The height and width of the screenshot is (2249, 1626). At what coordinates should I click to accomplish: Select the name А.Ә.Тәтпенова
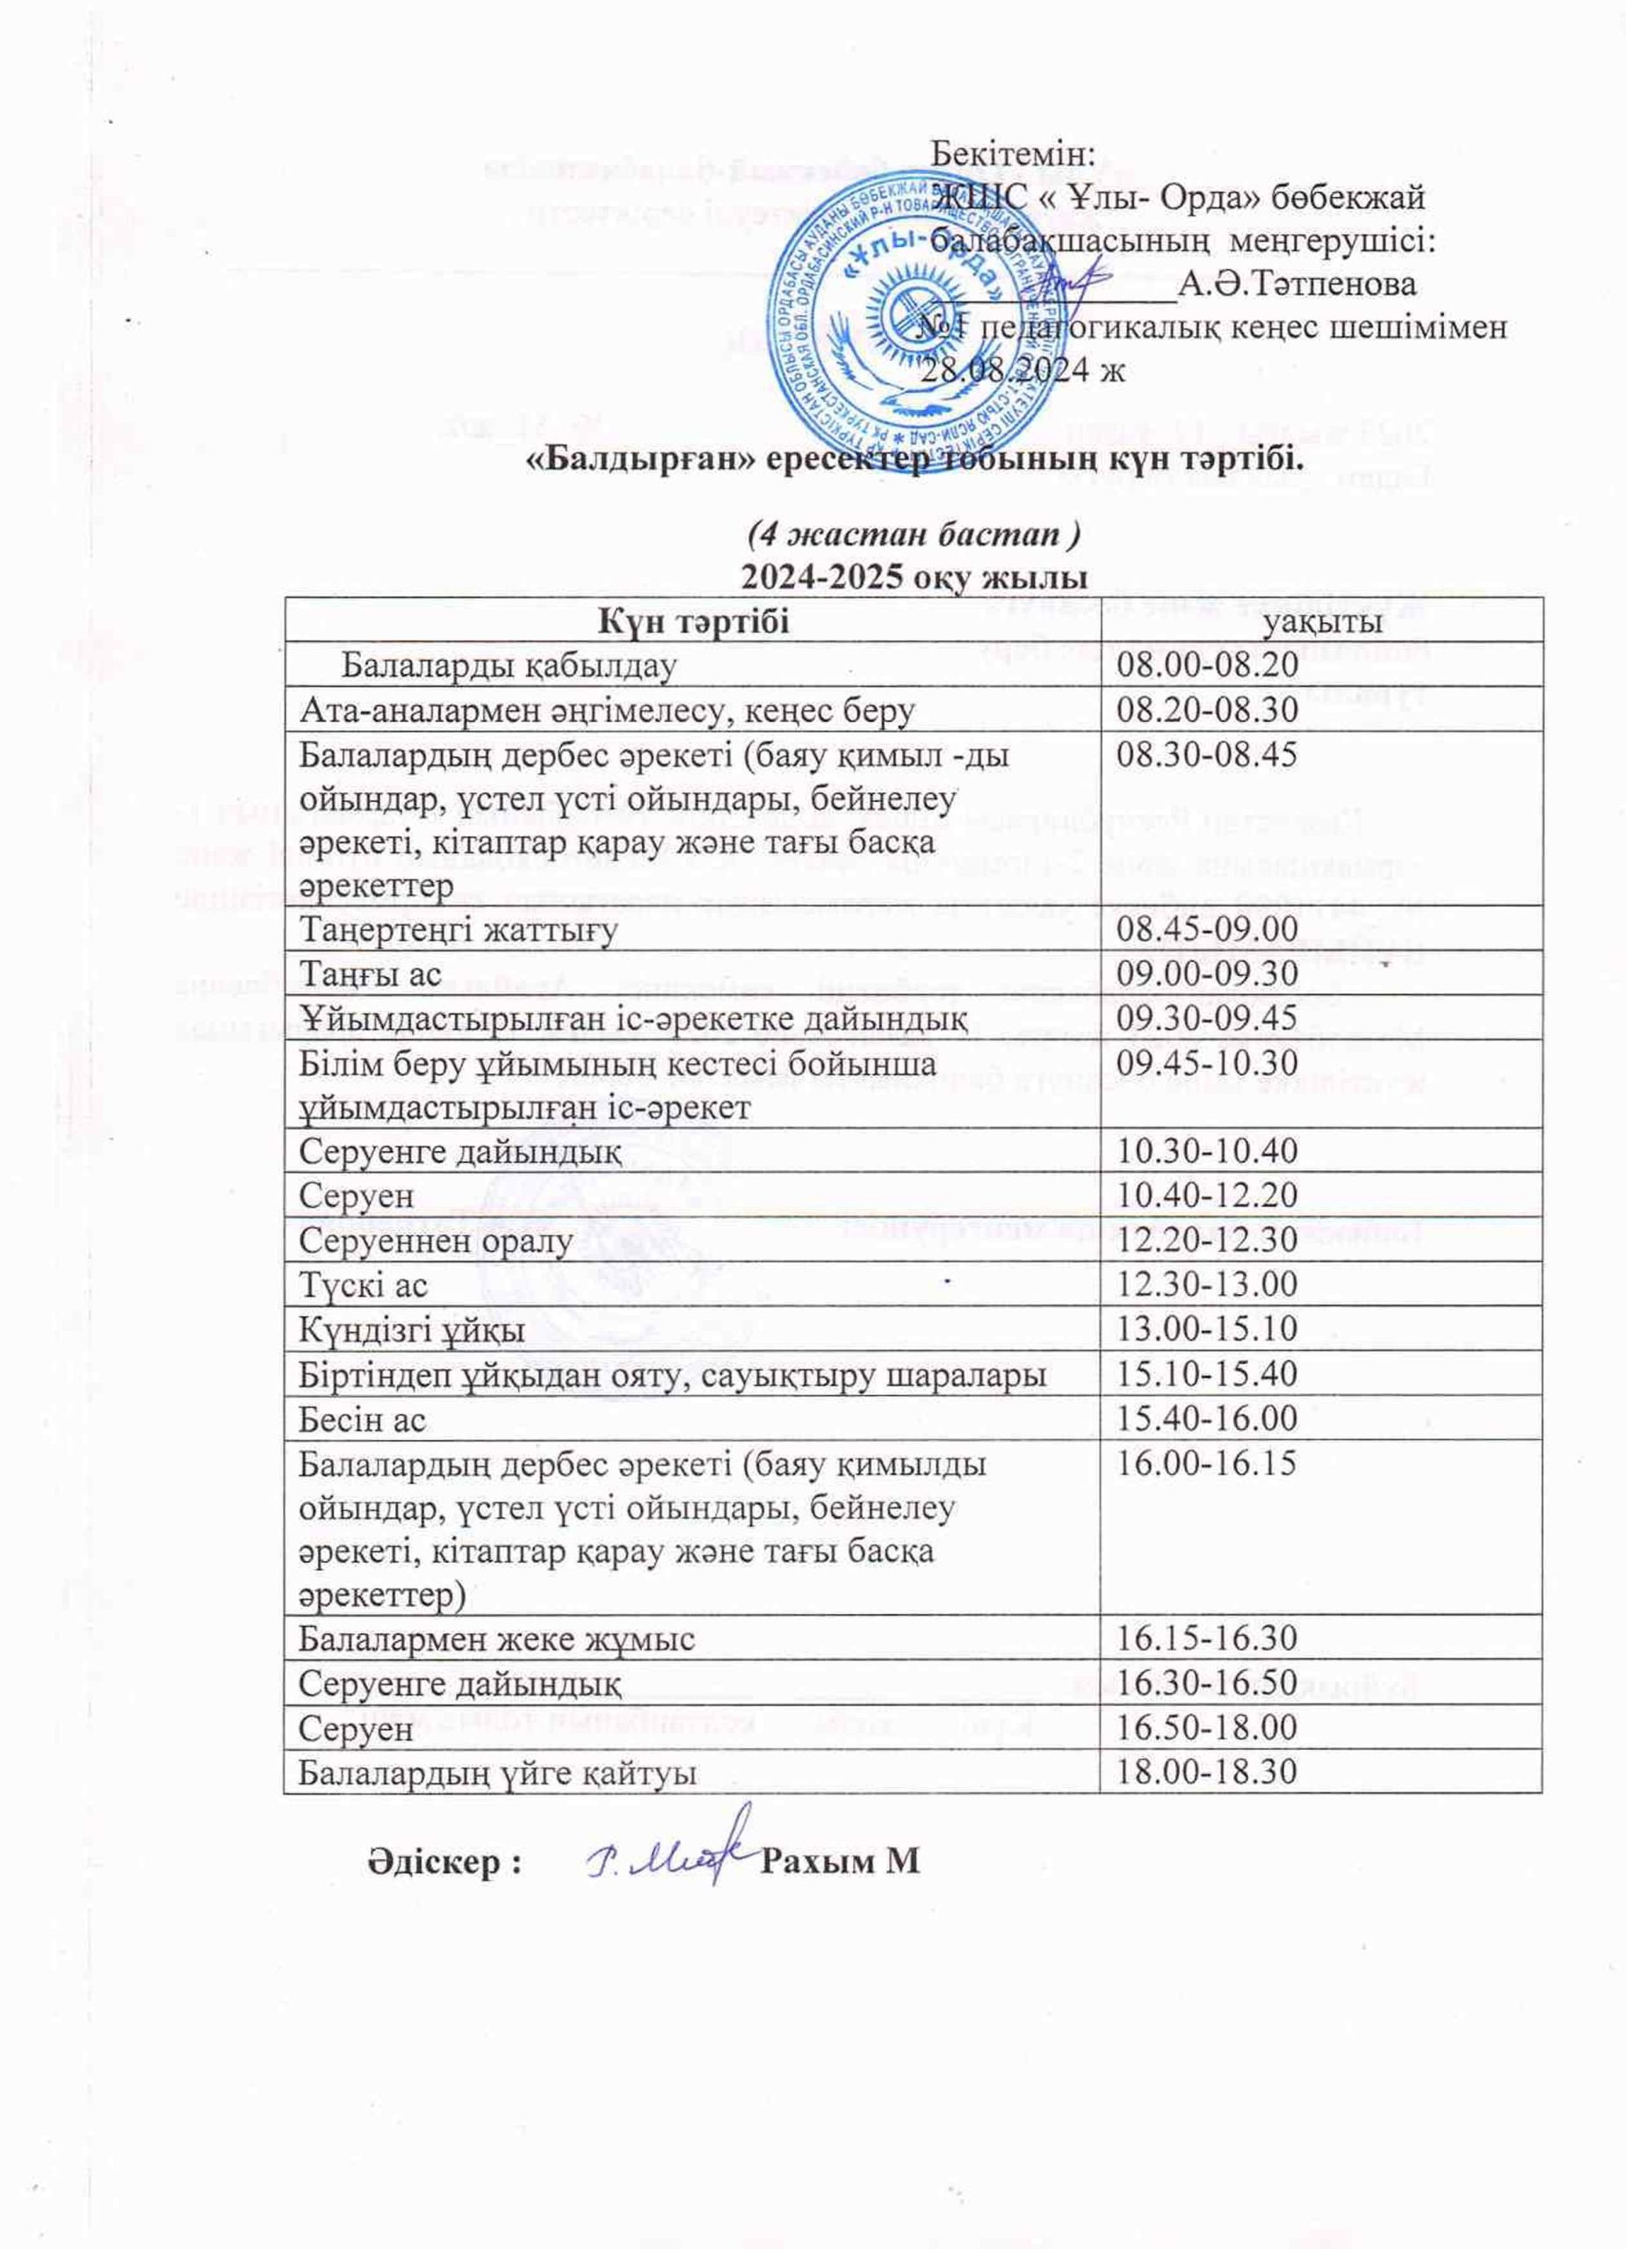click(x=1296, y=285)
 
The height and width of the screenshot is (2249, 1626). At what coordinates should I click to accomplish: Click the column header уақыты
click(x=1322, y=621)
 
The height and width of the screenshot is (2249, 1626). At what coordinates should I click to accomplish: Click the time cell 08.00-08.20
click(x=1208, y=664)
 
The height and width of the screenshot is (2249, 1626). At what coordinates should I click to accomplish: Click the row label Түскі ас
click(x=364, y=1286)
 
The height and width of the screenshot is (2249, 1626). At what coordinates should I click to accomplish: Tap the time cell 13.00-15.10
click(x=1208, y=1331)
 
